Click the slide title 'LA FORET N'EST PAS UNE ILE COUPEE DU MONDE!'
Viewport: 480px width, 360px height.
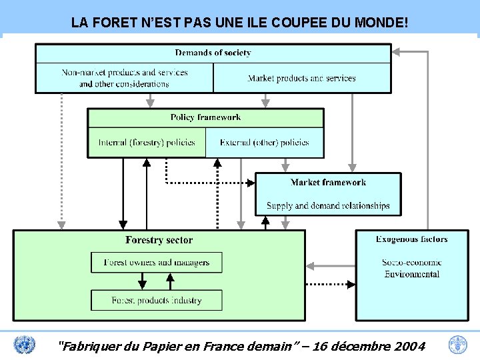239,23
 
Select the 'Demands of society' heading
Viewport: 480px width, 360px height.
213,53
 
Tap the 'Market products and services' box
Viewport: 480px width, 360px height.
301,78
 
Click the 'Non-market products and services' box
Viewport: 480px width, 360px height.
124,78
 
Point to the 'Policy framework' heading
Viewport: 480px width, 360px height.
205,117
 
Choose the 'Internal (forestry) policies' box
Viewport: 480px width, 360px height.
147,142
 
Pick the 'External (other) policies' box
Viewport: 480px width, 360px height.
264,142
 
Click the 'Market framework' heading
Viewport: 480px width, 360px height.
328,182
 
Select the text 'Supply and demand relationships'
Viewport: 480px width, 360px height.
328,206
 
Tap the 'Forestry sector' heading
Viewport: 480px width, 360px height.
159,240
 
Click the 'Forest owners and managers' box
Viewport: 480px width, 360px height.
157,263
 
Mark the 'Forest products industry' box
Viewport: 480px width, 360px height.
157,300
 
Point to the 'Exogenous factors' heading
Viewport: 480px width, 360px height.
411,239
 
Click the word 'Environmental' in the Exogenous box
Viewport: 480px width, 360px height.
411,274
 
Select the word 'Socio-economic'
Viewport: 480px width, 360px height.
411,262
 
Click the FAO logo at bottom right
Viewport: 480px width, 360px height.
458,345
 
